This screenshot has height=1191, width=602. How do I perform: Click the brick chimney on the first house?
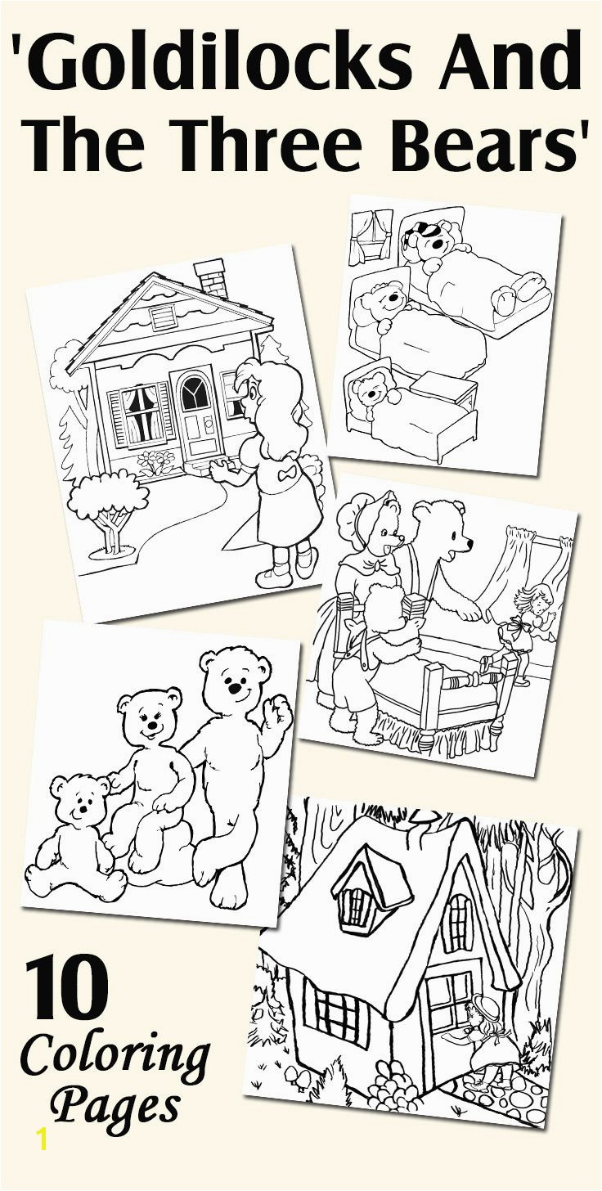click(209, 278)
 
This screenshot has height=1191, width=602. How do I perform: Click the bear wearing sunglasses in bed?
click(433, 240)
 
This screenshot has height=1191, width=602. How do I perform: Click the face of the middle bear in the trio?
click(147, 720)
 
